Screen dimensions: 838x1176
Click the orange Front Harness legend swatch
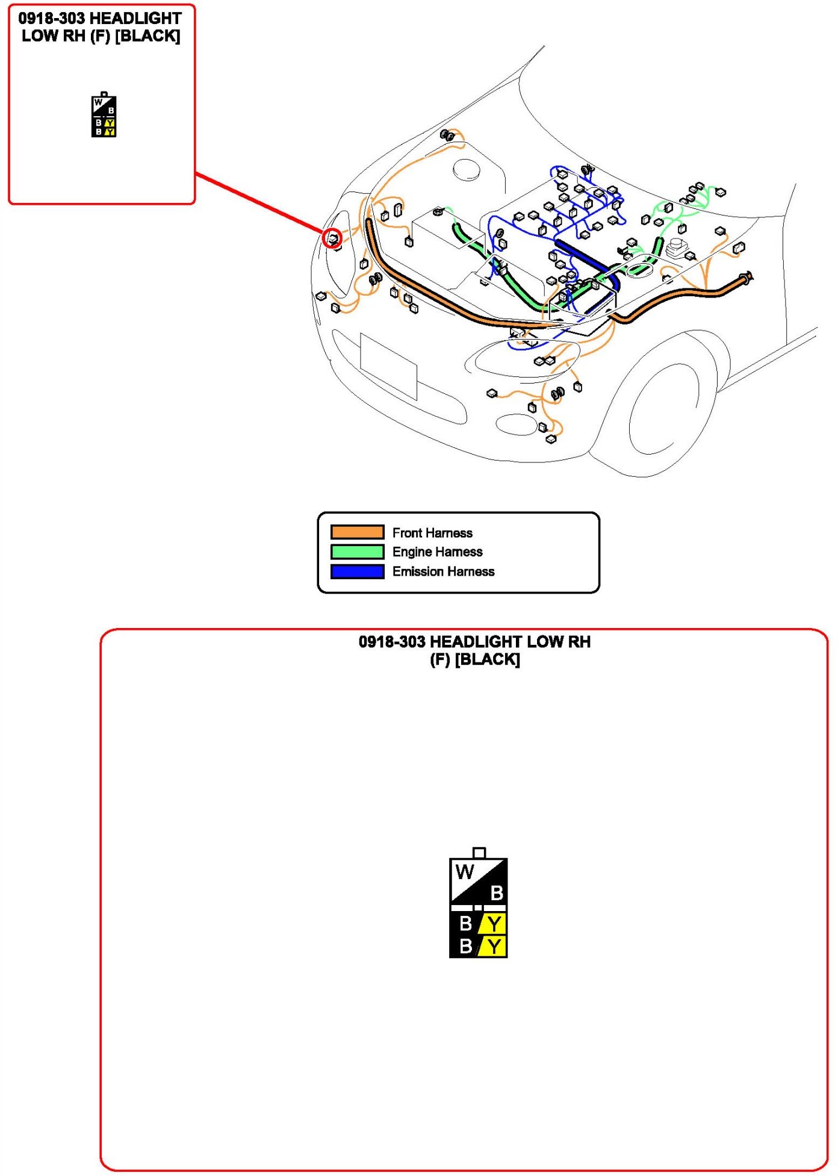pos(357,532)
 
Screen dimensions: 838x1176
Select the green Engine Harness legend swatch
pos(357,552)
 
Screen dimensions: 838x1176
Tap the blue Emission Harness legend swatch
pos(357,571)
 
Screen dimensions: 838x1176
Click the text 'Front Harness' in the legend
pos(432,533)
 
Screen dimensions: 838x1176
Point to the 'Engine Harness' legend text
pos(437,552)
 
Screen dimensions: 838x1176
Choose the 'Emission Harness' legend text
pos(443,571)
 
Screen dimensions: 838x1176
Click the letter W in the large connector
pos(464,871)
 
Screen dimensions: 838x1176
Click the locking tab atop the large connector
pos(479,853)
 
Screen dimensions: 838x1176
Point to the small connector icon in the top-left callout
pos(104,116)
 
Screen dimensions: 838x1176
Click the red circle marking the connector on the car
pos(332,238)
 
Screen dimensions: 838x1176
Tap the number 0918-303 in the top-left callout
pos(51,19)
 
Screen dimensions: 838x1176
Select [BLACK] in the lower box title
pos(488,660)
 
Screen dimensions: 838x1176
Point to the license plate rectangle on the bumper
pos(388,366)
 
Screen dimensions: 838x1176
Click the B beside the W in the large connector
pos(497,892)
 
